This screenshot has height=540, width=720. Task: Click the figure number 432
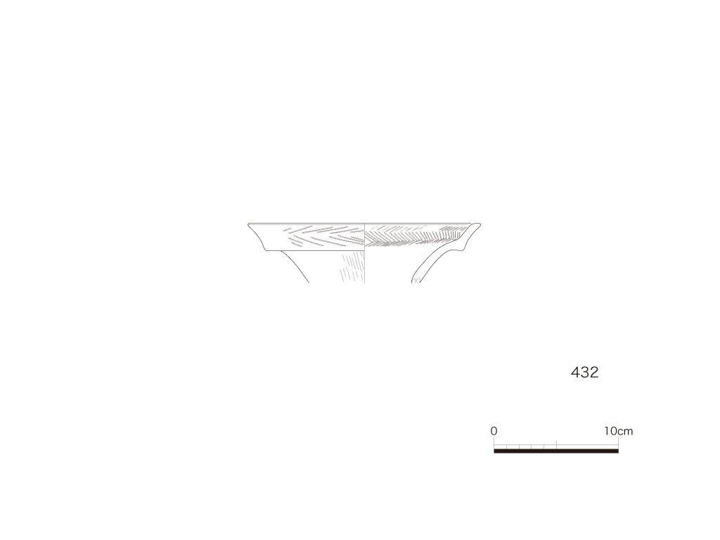pyautogui.click(x=584, y=373)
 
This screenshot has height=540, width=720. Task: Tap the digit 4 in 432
pyautogui.click(x=575, y=373)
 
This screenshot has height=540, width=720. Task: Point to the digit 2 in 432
pyautogui.click(x=594, y=373)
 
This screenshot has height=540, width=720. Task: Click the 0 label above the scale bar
pyautogui.click(x=494, y=431)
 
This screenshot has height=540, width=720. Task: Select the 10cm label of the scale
pyautogui.click(x=619, y=431)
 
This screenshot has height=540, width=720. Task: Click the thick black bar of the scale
pyautogui.click(x=556, y=451)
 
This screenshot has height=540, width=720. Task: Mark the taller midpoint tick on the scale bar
pyautogui.click(x=557, y=444)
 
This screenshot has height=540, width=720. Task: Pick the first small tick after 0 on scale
pyautogui.click(x=506, y=446)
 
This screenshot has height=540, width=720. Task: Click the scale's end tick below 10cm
pyautogui.click(x=619, y=443)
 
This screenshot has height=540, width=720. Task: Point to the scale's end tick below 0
pyautogui.click(x=494, y=443)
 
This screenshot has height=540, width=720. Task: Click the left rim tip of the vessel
pyautogui.click(x=248, y=224)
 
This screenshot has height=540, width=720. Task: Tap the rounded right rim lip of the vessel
pyautogui.click(x=478, y=224)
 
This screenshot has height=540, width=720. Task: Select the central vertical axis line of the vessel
pyautogui.click(x=365, y=253)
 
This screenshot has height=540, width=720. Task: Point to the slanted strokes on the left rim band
pyautogui.click(x=323, y=236)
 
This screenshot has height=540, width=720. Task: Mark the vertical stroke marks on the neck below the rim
pyautogui.click(x=352, y=266)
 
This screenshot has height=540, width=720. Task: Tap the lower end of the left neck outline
pyautogui.click(x=309, y=281)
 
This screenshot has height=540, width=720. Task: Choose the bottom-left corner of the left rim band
pyautogui.click(x=266, y=251)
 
